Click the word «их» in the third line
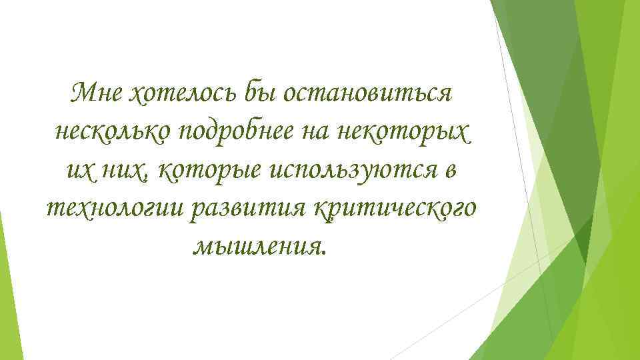coord(78,171)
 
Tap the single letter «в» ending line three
coord(450,171)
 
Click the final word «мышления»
coord(256,247)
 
